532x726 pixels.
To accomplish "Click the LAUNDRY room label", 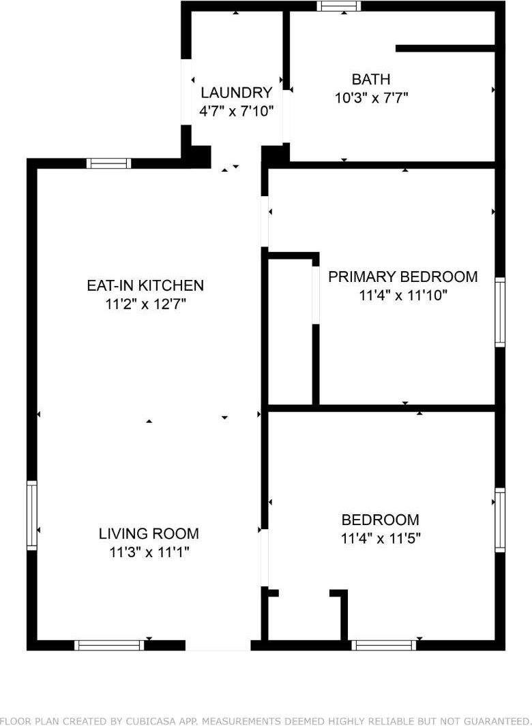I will tap(236, 93).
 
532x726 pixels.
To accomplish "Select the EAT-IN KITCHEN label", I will tap(145, 285).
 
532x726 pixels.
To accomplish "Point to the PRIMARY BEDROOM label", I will tap(402, 277).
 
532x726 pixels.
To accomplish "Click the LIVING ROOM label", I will tap(149, 533).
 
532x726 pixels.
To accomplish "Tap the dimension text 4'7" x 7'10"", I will tap(236, 110).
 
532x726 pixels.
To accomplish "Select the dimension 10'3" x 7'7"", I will tap(371, 97).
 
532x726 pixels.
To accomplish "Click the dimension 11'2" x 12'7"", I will tap(145, 304).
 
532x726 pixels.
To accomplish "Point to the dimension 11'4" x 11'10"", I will tap(402, 295).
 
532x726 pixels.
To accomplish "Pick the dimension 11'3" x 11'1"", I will tap(149, 552).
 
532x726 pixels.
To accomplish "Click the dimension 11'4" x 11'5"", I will tap(380, 538).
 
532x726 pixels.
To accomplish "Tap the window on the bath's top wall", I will tap(339, 6).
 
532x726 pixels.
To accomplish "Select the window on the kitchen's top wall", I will tap(108, 163).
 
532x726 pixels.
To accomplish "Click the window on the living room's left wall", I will tap(31, 515).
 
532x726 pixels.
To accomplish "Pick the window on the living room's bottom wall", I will tap(109, 645).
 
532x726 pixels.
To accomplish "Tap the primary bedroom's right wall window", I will tap(500, 313).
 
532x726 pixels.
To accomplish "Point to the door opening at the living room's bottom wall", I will tap(218, 645).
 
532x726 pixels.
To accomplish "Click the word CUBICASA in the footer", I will tap(178, 721).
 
